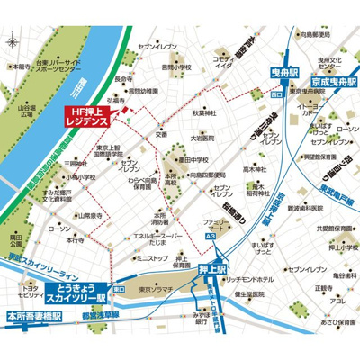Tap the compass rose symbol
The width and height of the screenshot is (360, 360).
pyautogui.click(x=11, y=40)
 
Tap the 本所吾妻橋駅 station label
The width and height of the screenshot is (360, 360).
pyautogui.click(x=35, y=317)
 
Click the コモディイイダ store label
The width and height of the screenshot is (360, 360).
pyautogui.click(x=223, y=61)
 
